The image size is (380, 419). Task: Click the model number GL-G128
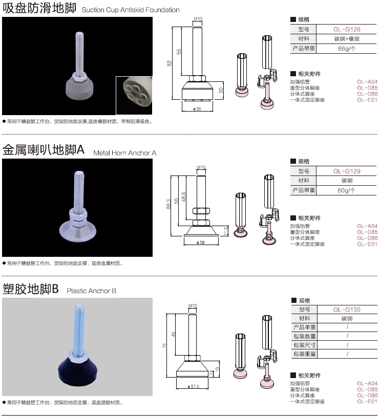tap(347, 29)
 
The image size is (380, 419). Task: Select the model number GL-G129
tap(347, 171)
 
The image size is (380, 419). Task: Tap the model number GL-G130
tap(347, 310)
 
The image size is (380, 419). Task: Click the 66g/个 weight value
tap(347, 49)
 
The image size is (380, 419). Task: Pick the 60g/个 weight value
tap(347, 190)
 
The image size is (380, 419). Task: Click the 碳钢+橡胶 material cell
tap(347, 39)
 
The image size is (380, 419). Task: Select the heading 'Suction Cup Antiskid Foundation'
tap(131, 10)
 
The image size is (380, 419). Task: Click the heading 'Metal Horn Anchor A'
tap(125, 152)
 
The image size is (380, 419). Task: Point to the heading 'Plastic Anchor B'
tap(92, 291)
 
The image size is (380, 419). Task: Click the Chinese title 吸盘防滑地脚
tap(39, 8)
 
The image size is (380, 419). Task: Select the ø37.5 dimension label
tap(194, 386)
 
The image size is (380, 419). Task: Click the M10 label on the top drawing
tap(198, 18)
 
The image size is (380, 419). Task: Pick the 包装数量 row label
tap(304, 336)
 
